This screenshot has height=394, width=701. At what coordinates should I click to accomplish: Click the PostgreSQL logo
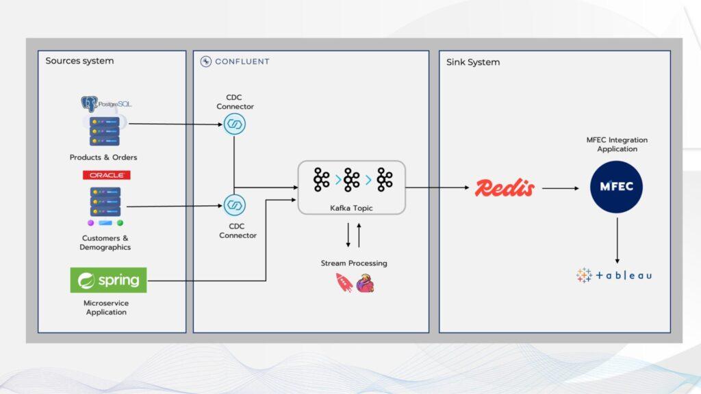(105, 103)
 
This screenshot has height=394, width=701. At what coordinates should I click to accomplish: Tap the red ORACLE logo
(106, 175)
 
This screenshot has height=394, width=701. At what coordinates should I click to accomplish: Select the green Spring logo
(108, 280)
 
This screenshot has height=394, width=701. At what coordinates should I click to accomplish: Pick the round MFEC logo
(616, 187)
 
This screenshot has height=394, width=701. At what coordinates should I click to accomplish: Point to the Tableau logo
(614, 275)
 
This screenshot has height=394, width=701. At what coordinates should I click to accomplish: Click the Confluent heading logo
(235, 62)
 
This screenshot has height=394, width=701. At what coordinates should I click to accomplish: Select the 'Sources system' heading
(79, 61)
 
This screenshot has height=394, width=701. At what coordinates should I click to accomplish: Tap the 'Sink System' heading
(473, 62)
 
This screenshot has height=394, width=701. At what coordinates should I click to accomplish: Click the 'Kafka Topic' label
(351, 207)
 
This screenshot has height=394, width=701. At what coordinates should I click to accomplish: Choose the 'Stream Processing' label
(354, 263)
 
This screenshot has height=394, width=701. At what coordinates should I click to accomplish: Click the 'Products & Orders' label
(103, 157)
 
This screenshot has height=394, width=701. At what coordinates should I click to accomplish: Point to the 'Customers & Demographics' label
(105, 243)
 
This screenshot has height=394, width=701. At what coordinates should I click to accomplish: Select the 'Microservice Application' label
(106, 308)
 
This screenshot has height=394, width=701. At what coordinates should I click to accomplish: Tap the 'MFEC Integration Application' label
(617, 144)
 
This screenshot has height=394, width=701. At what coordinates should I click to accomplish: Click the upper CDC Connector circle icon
(235, 124)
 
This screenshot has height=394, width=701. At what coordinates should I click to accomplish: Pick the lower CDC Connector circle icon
(235, 205)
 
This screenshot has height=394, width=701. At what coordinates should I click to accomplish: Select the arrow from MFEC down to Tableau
(617, 240)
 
